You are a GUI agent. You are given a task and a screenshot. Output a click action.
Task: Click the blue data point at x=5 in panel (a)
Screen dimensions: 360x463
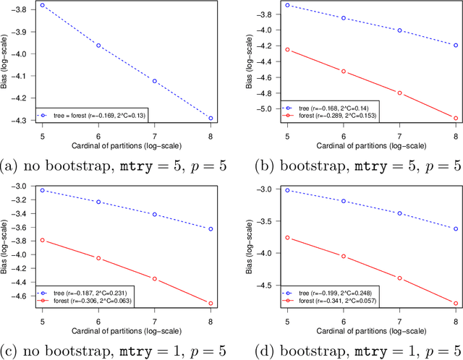point(42,5)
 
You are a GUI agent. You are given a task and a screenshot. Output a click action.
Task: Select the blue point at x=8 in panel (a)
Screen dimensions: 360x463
point(211,118)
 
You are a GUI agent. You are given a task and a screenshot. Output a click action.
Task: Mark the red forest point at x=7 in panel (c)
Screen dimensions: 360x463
point(154,278)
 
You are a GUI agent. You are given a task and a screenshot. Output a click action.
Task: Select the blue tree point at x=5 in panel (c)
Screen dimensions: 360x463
point(42,190)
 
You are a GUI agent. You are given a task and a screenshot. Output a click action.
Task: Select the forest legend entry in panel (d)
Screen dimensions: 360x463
point(334,298)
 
